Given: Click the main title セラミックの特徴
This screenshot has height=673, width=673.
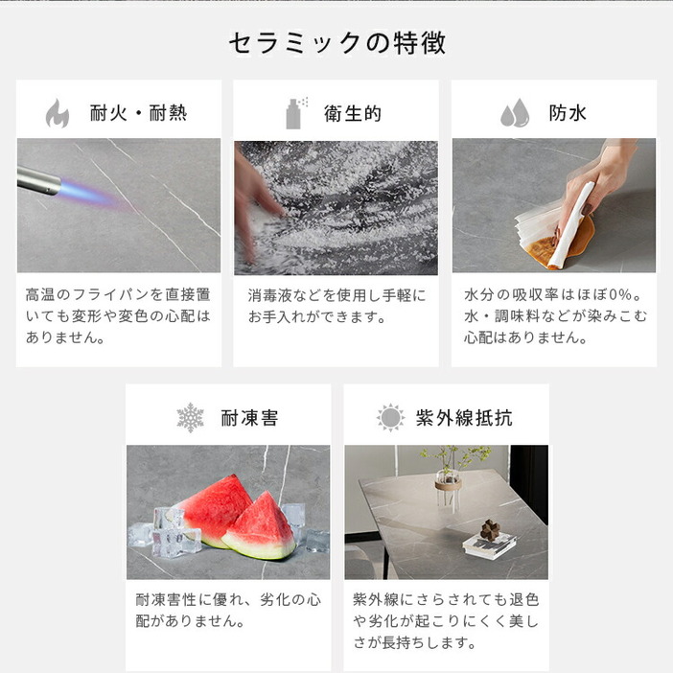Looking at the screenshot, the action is (336, 43).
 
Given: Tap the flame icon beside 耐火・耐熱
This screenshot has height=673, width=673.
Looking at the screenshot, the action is (58, 113).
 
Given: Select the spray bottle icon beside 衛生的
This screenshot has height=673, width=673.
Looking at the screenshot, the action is (296, 113).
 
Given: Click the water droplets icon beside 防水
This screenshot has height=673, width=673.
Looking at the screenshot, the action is (515, 113).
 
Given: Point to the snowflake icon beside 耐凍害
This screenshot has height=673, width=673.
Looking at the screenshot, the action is (190, 418).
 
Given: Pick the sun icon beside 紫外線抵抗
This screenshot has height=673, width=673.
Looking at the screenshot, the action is (390, 417).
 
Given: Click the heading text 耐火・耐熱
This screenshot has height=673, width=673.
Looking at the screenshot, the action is (139, 113).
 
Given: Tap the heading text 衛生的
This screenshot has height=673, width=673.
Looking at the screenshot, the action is (353, 114).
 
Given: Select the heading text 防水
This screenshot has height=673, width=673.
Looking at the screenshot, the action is (568, 113).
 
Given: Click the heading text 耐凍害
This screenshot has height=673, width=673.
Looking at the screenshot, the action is (249, 418).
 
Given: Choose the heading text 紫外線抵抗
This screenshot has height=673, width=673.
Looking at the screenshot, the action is (464, 418).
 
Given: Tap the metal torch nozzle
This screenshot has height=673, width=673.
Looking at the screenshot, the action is (38, 180).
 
